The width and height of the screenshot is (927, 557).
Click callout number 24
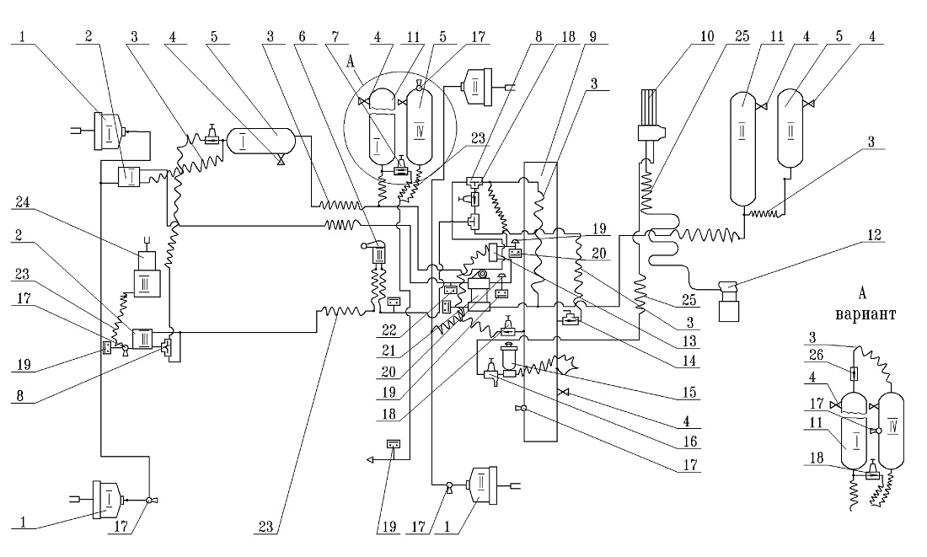coord(23,202)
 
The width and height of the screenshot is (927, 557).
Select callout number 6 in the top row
coord(302,37)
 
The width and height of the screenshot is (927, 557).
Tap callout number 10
coord(708,37)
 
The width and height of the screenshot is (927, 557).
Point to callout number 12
coord(875,235)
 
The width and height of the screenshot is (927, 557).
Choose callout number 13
coord(689,340)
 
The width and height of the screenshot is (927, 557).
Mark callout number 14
coord(689,360)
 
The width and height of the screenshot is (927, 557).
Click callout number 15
coord(689,392)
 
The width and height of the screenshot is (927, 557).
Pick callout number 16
coord(689,441)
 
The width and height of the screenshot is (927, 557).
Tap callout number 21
coord(388,350)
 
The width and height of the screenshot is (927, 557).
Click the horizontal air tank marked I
coord(260,142)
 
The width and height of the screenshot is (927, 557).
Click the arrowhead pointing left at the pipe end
coord(371,459)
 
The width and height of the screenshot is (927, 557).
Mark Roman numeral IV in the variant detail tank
coord(892,425)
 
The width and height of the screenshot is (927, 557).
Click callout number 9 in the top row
coord(593,37)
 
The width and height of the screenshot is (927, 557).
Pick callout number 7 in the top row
coord(335,37)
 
